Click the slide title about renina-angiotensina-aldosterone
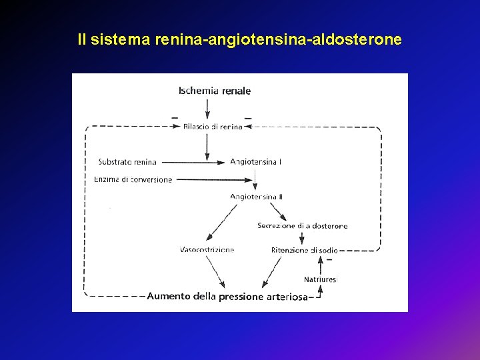pyautogui.click(x=239, y=40)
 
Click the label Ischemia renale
pyautogui.click(x=215, y=91)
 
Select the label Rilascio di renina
pyautogui.click(x=213, y=127)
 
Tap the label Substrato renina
pyautogui.click(x=127, y=161)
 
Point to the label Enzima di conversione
pyautogui.click(x=133, y=179)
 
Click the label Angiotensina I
pyautogui.click(x=255, y=161)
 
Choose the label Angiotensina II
pyautogui.click(x=256, y=197)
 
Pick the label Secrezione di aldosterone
pyautogui.click(x=302, y=226)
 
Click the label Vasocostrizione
pyautogui.click(x=207, y=250)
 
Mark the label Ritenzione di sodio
pyautogui.click(x=304, y=250)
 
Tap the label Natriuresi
pyautogui.click(x=321, y=279)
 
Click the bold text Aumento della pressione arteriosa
pyautogui.click(x=227, y=297)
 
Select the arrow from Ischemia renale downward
pyautogui.click(x=207, y=109)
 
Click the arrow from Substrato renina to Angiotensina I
pyautogui.click(x=193, y=161)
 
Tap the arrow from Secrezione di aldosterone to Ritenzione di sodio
pyautogui.click(x=302, y=238)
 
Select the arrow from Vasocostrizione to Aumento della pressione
pyautogui.click(x=215, y=272)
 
